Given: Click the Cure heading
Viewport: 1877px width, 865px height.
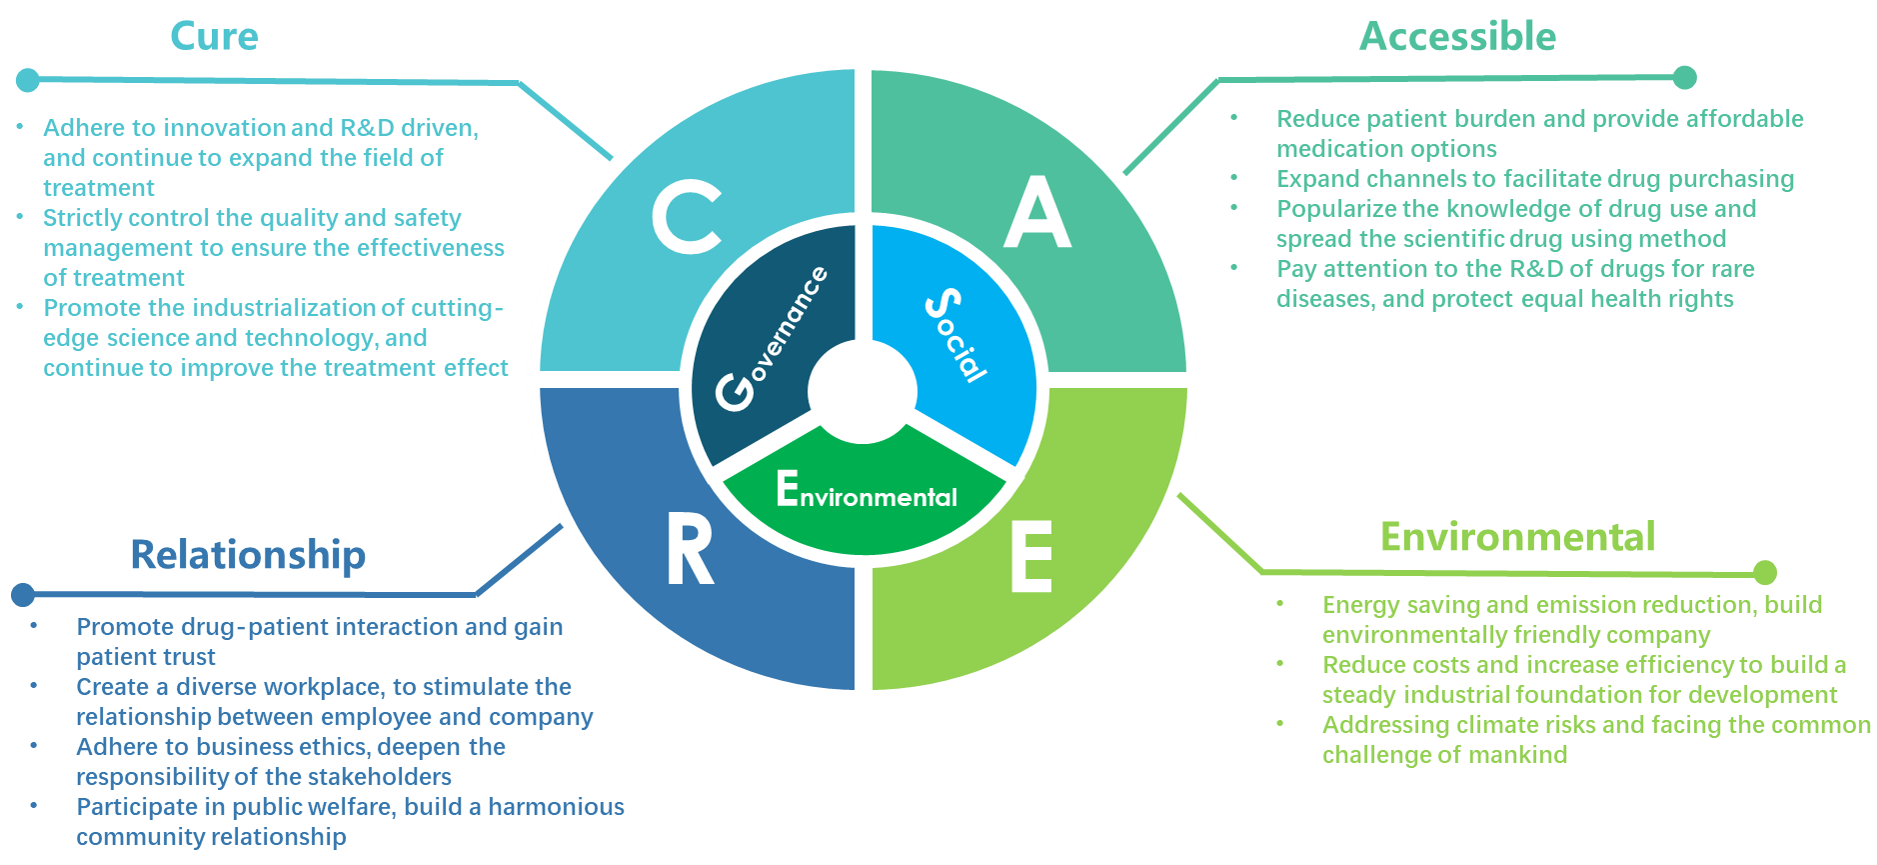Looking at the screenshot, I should tap(214, 37).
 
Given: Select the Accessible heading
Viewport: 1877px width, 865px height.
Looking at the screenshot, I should tap(1457, 37).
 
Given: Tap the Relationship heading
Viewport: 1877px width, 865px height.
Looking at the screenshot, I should tap(248, 555).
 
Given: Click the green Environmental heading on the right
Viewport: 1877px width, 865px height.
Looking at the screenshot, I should tap(1517, 537).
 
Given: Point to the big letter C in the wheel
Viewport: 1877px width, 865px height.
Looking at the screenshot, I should tap(687, 217).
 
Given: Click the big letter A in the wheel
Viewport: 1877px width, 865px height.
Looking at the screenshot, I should tap(1037, 213).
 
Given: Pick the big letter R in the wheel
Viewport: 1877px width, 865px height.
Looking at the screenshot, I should tap(690, 552).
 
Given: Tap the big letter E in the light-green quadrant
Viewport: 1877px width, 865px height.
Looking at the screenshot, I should tap(1031, 557).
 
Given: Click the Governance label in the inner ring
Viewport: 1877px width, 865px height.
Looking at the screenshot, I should tap(773, 337).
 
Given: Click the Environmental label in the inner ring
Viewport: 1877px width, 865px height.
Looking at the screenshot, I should tap(867, 491).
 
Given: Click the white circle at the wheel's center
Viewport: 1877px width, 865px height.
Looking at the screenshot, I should tap(862, 391).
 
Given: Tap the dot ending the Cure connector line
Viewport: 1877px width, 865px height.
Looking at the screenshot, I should tap(28, 79).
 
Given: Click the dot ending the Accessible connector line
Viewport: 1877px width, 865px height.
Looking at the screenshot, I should tap(1684, 77).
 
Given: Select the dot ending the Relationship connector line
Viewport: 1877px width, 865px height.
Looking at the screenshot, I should tap(23, 595).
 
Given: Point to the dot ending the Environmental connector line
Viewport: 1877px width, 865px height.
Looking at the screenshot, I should tap(1765, 572).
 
